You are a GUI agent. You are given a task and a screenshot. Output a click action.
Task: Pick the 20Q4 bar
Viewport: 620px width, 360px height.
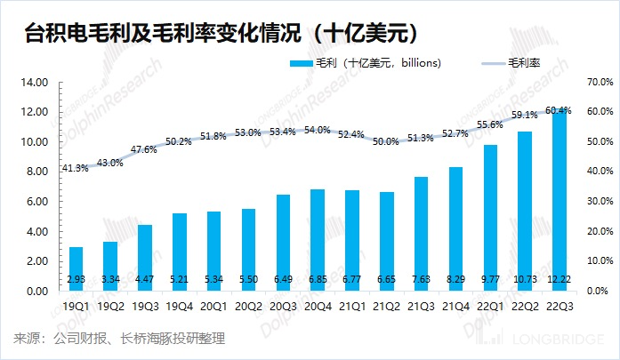318,240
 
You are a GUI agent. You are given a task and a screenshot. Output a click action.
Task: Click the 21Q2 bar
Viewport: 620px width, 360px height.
387,241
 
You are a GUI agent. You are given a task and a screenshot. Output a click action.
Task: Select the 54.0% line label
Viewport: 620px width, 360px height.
318,130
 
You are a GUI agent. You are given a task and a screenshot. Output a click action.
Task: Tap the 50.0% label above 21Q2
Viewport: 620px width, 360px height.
387,141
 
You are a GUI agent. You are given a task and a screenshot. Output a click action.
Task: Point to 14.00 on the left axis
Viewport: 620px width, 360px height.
34,83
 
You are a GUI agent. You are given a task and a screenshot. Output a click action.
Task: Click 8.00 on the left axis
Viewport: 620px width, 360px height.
36,172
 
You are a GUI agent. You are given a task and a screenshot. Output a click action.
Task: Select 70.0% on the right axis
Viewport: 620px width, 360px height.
601,83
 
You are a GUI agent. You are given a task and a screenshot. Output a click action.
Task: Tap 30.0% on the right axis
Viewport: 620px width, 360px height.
601,202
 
